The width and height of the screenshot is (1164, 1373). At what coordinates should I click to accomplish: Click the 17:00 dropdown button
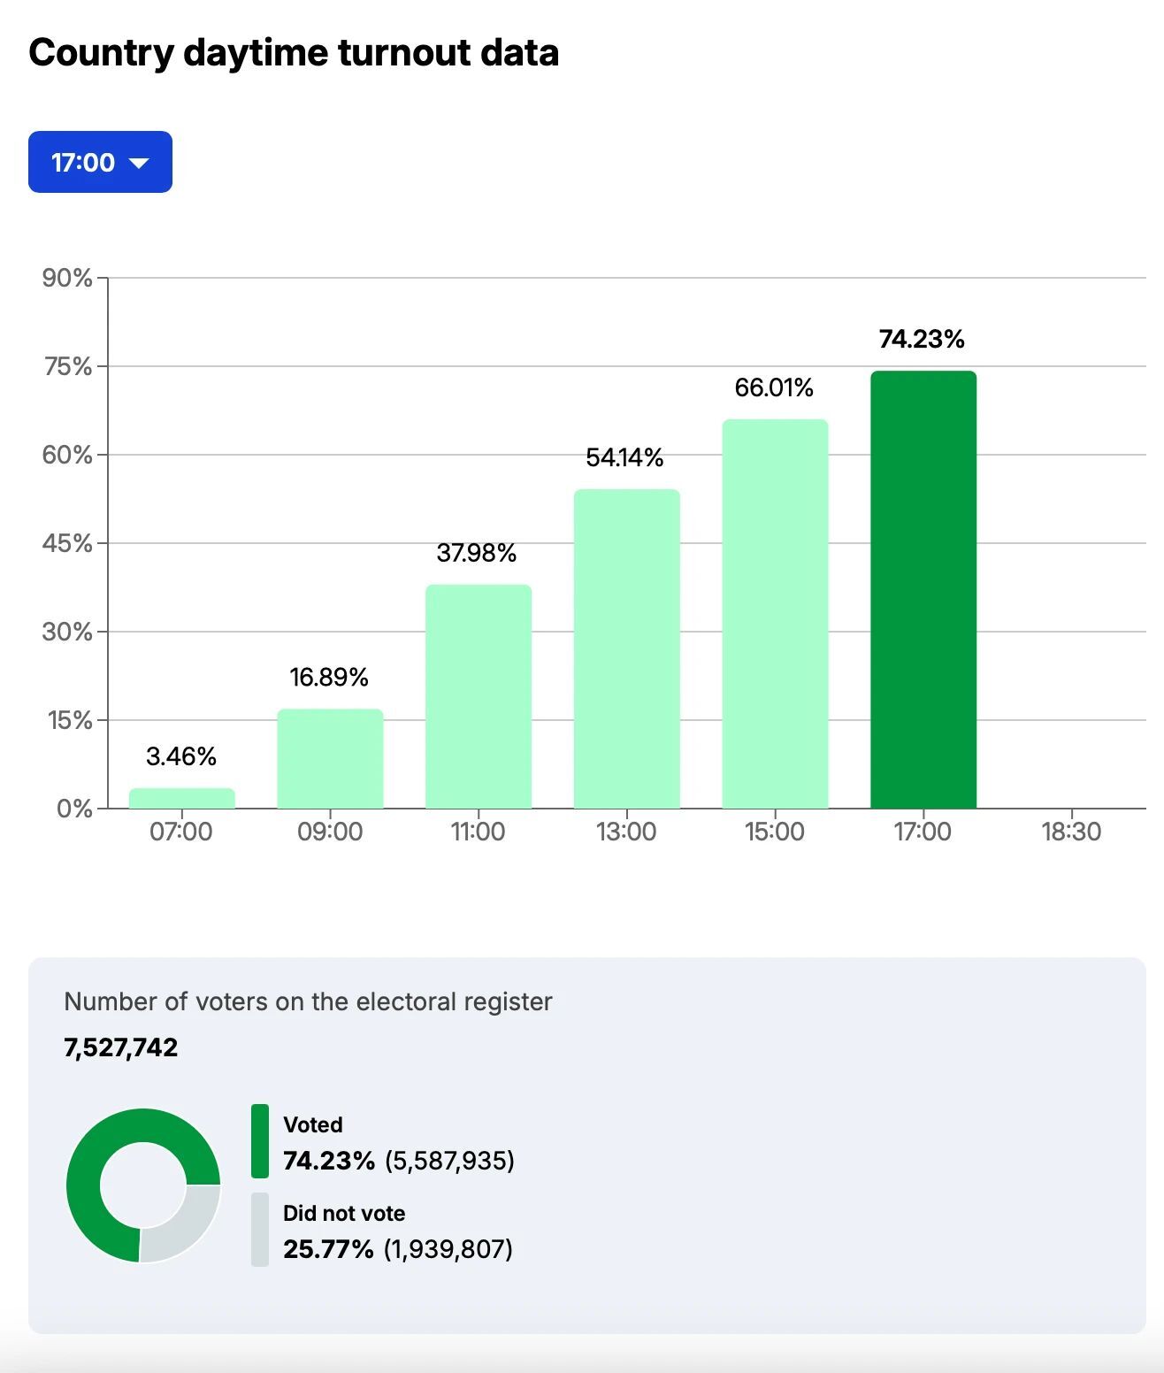point(100,162)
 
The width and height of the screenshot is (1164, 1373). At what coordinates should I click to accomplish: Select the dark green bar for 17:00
point(923,589)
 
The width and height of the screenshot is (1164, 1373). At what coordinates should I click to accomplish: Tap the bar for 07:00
point(182,798)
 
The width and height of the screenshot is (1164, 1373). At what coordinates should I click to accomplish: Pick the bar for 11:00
point(479,696)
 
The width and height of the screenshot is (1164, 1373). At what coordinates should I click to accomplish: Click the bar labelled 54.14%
point(626,648)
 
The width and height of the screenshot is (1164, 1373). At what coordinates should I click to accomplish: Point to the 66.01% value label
point(774,387)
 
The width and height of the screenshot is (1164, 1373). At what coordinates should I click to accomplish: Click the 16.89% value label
point(329,678)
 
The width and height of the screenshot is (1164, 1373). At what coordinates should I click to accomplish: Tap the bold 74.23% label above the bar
point(922,339)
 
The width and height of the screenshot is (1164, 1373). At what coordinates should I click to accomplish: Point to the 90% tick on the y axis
point(67,278)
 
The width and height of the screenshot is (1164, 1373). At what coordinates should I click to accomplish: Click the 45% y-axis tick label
point(67,543)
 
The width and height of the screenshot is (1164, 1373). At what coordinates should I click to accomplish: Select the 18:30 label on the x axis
point(1071,832)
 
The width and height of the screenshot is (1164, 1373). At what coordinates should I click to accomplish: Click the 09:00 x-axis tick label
point(330,832)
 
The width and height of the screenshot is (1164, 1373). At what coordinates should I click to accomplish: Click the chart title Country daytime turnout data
point(294,52)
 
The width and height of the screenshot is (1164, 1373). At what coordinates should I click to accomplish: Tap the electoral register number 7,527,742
point(121,1047)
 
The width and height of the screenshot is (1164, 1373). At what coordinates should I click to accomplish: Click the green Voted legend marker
point(260,1141)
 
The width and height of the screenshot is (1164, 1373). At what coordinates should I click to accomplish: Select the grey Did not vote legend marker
point(260,1230)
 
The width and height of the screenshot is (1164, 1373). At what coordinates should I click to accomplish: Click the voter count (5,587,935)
point(449,1161)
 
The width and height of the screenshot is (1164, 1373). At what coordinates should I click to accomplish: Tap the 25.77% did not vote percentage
point(328,1249)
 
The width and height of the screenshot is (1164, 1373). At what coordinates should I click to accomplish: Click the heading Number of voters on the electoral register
point(308,1001)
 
